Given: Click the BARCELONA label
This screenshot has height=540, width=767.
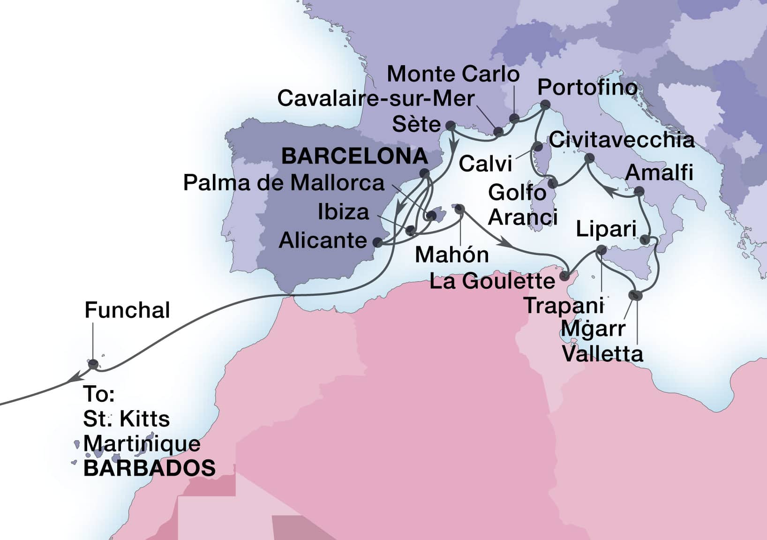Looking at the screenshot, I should pyautogui.click(x=354, y=156).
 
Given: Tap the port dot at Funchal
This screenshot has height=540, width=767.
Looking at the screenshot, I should pyautogui.click(x=93, y=363).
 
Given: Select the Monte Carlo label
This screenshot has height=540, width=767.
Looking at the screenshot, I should pyautogui.click(x=453, y=74).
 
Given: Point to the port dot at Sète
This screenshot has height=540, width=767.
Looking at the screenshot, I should pyautogui.click(x=450, y=126).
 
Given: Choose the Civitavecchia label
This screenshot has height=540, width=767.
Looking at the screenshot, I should pyautogui.click(x=622, y=140).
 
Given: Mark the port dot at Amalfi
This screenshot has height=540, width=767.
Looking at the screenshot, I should pyautogui.click(x=639, y=191).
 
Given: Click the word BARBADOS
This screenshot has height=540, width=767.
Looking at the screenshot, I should pyautogui.click(x=149, y=468).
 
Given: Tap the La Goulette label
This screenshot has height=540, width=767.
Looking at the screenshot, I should pyautogui.click(x=492, y=281).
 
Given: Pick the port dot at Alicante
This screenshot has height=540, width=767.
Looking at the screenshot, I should pyautogui.click(x=377, y=242).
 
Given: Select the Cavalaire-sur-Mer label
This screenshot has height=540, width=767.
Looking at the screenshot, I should pyautogui.click(x=376, y=98).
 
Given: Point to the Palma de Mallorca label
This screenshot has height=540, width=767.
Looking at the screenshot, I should pyautogui.click(x=284, y=182).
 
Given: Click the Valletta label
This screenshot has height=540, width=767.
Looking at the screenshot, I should pyautogui.click(x=602, y=354).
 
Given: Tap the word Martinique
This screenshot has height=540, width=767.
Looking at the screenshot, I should pyautogui.click(x=142, y=443).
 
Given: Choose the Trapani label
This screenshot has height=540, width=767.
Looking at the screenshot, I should pyautogui.click(x=564, y=306).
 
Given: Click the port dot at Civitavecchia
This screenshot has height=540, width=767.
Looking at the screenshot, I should pyautogui.click(x=589, y=158).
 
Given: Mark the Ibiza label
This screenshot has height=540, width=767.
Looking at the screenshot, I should pyautogui.click(x=344, y=212).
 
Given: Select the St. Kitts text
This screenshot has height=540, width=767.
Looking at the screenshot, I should pyautogui.click(x=126, y=419).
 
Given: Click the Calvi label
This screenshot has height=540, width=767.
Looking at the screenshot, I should pyautogui.click(x=485, y=164).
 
